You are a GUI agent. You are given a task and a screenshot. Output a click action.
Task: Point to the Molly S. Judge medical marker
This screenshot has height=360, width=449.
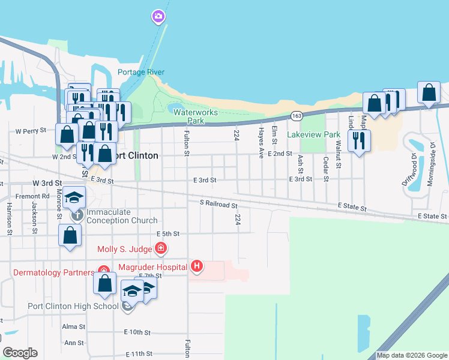(x=160, y=248)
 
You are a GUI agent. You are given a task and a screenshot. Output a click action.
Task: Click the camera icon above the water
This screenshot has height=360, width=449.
(x=158, y=16)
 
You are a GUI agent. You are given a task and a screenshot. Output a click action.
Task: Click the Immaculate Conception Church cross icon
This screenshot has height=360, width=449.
(x=77, y=214)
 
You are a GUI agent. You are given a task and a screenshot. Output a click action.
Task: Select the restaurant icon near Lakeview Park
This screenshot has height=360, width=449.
(x=359, y=140)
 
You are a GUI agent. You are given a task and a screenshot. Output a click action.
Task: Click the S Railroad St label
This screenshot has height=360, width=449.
(x=218, y=205)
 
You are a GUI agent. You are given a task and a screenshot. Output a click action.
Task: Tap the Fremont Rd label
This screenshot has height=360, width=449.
(x=33, y=196)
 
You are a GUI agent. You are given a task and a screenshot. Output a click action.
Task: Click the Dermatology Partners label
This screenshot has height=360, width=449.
(x=53, y=272)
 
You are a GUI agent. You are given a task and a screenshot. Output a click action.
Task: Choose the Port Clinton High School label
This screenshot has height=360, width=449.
(x=73, y=306)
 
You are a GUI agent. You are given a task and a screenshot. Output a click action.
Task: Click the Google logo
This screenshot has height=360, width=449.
(x=20, y=353)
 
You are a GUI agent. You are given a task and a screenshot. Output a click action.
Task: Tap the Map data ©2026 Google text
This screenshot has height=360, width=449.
(x=412, y=355)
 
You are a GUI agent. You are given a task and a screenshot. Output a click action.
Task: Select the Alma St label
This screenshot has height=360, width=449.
(x=74, y=326)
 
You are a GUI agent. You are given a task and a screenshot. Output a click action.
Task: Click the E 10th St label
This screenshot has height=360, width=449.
(x=137, y=332)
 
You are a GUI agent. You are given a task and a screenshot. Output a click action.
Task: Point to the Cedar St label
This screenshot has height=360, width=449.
(x=326, y=169)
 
